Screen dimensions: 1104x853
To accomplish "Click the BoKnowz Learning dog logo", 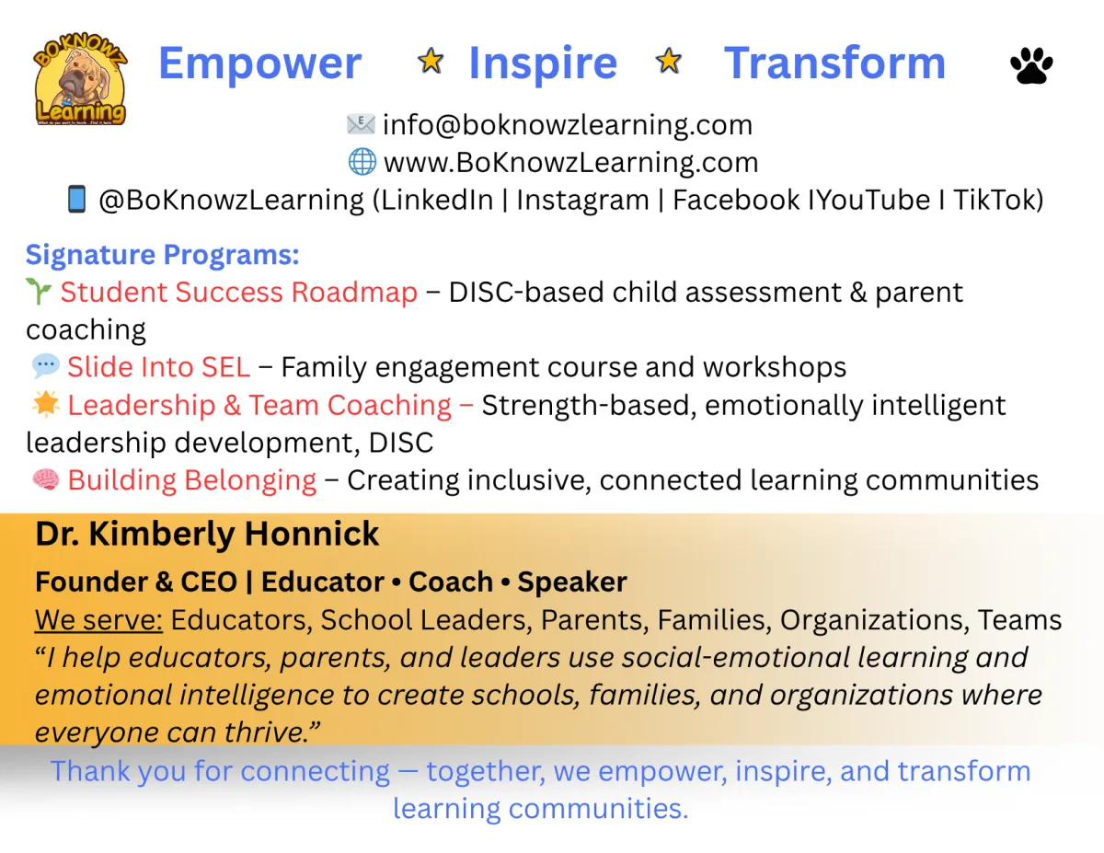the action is [80, 79].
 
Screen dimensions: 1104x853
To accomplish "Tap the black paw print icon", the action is [1031, 65].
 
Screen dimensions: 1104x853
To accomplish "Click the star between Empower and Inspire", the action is [431, 61].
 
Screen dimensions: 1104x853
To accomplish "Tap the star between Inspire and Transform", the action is [669, 61].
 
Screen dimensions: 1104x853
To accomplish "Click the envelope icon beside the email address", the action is [361, 124].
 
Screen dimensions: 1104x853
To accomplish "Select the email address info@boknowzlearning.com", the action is [568, 125].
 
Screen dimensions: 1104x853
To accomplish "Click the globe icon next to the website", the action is [362, 162].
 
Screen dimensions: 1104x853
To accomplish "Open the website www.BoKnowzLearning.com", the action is [571, 163].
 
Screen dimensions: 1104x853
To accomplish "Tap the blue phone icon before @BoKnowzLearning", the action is [76, 199].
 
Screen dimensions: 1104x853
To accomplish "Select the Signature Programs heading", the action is [163, 255].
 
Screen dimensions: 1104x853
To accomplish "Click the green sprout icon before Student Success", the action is [39, 291].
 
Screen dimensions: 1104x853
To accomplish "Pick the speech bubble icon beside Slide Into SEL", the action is [46, 366].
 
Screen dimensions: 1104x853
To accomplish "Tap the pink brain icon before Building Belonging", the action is [46, 479].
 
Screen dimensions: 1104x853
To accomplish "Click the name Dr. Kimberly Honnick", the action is [207, 535].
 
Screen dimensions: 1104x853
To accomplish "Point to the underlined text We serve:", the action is [98, 620].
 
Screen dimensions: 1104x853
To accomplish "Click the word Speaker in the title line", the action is [572, 582].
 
